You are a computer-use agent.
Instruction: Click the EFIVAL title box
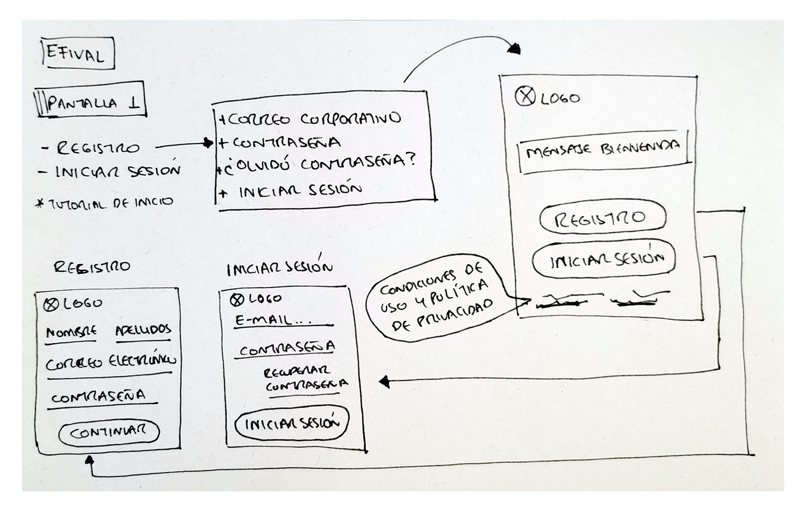click(x=78, y=54)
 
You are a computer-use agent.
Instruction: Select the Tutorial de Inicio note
click(x=105, y=203)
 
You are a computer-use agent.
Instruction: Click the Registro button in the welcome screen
click(x=602, y=218)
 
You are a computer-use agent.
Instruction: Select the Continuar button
click(x=109, y=432)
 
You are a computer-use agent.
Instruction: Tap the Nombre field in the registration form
click(x=71, y=333)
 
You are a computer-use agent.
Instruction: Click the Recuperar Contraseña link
click(x=305, y=379)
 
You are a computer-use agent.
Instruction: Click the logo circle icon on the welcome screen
click(x=525, y=97)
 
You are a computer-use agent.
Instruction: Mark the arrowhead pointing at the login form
click(x=385, y=381)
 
